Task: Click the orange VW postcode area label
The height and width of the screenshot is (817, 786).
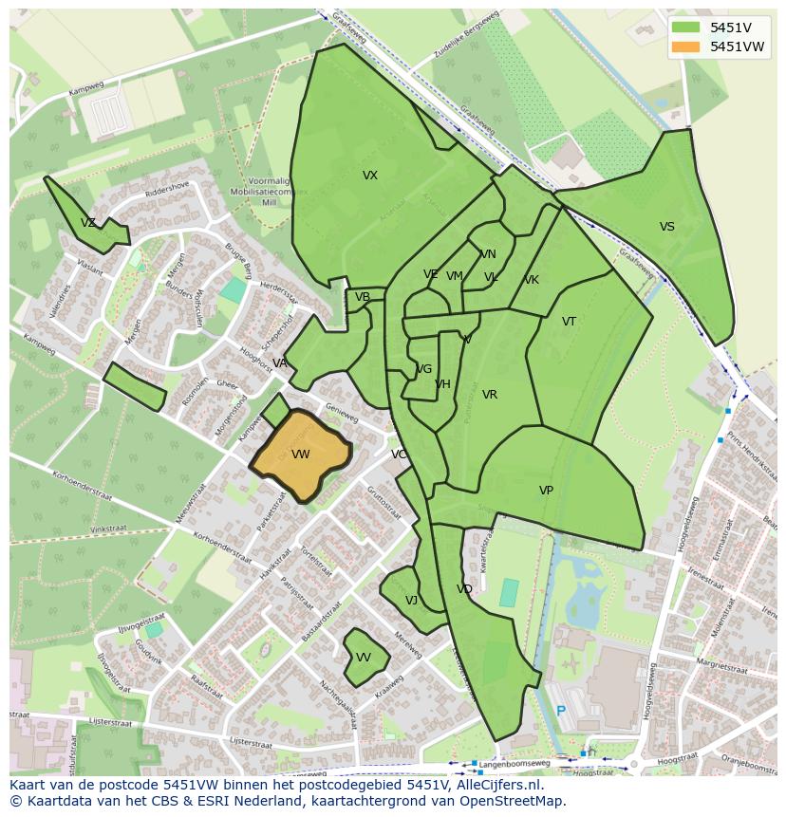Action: click(301, 455)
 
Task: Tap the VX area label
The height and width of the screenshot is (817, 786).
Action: click(370, 176)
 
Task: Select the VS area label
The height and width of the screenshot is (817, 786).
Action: click(667, 227)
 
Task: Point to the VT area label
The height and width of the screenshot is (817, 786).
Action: click(569, 322)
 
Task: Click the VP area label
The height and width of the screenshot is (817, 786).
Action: click(546, 491)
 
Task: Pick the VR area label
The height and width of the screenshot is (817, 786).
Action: click(490, 395)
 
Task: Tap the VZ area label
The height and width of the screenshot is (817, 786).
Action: click(88, 223)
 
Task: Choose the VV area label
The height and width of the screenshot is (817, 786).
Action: click(364, 658)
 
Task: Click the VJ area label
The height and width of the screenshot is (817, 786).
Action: click(411, 601)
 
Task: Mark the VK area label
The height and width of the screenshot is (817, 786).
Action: click(532, 280)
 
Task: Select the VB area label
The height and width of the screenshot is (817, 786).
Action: click(363, 297)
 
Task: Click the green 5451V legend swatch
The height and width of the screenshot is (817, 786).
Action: click(684, 28)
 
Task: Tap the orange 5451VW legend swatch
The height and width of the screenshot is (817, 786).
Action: click(684, 46)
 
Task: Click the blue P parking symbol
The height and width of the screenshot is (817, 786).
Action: click(561, 711)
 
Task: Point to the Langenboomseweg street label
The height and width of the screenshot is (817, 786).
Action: click(515, 762)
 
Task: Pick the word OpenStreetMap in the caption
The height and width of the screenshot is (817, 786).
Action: click(513, 801)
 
